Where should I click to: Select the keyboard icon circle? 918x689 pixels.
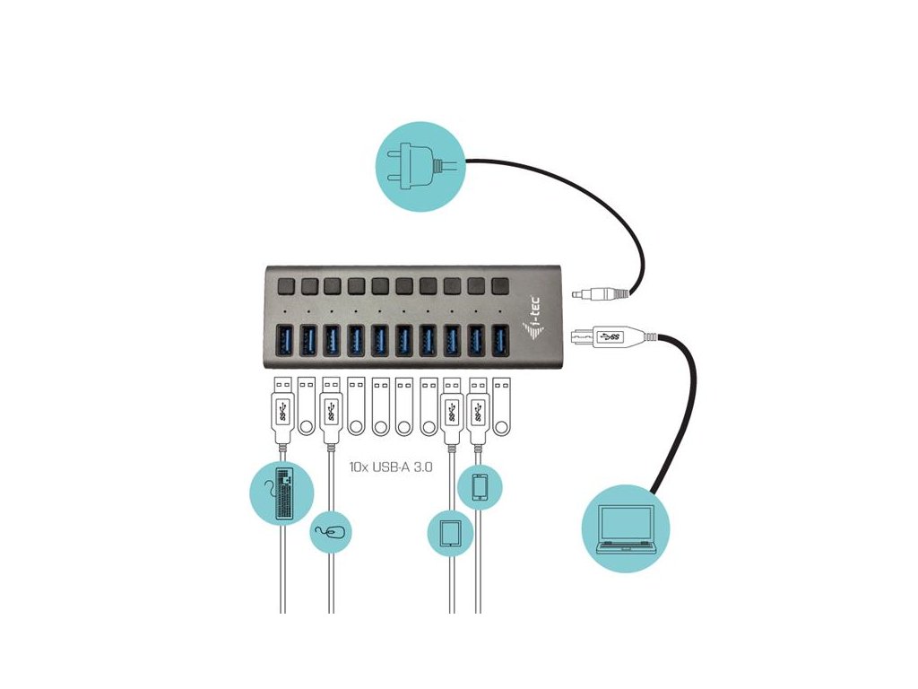coord(281,493)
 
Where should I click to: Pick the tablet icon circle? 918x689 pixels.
coord(450,534)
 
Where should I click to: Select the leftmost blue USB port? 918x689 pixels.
coord(283,342)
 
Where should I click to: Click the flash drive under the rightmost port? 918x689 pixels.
coord(501,406)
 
